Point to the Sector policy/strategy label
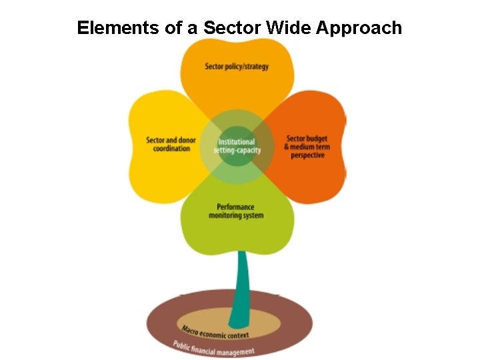[237, 67]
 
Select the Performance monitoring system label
[236, 211]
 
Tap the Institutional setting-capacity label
[237, 146]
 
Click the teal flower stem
[244, 280]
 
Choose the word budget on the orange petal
[317, 139]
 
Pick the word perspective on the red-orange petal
[307, 155]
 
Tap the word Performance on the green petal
[236, 207]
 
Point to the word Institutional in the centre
[237, 142]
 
